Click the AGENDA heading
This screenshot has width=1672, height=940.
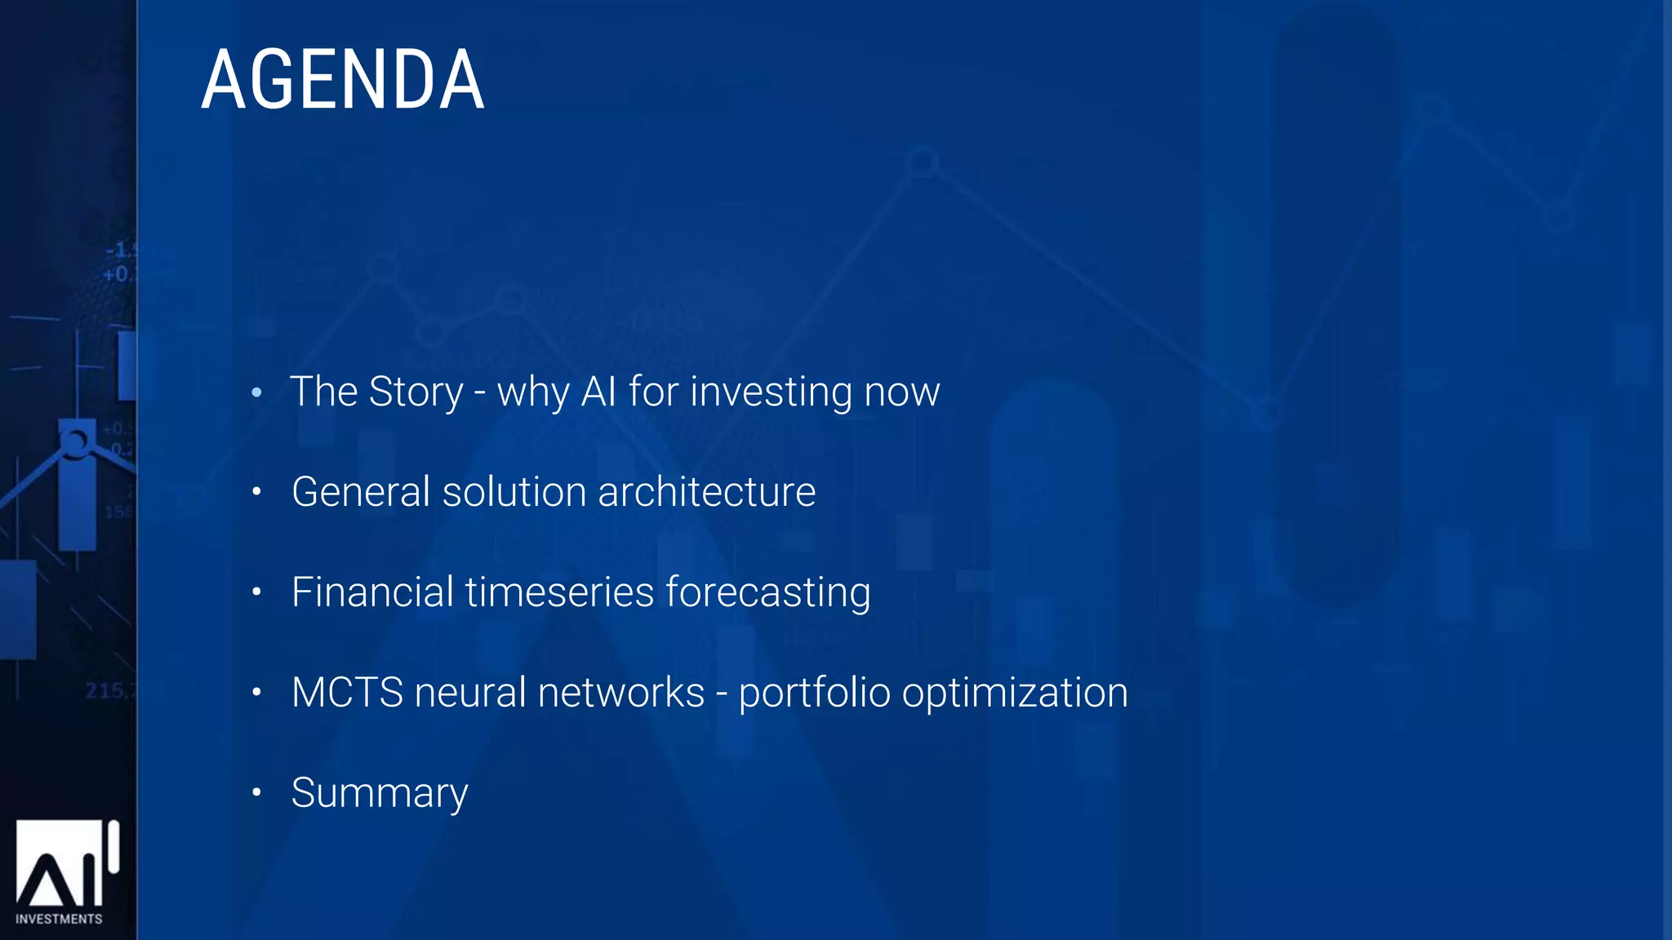[x=343, y=79]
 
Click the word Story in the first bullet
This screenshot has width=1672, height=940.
[x=416, y=392]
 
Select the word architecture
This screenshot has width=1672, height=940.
[x=706, y=492]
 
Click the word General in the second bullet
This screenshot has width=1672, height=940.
[x=360, y=492]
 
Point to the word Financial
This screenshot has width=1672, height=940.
[x=372, y=592]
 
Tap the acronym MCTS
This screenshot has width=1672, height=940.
[x=347, y=693]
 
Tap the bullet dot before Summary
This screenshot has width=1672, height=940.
[x=256, y=791]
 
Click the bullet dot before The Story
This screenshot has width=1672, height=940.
[x=256, y=392]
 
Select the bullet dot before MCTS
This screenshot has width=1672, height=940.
[x=256, y=692]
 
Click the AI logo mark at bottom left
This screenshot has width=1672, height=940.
[x=65, y=865]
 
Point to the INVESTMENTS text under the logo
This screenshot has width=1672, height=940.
[x=59, y=919]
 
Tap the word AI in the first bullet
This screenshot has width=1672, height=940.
[x=598, y=392]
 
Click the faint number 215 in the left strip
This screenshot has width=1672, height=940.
[x=106, y=691]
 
